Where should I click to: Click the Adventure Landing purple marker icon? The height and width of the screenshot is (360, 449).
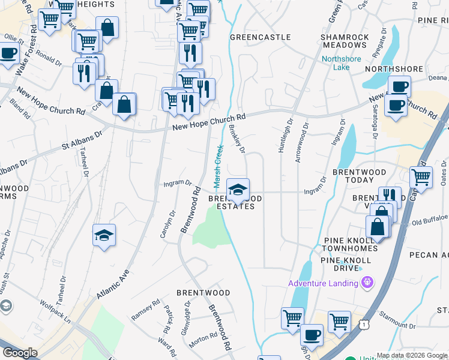tap(368, 283)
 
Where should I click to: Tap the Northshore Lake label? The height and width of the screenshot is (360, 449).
tap(341, 63)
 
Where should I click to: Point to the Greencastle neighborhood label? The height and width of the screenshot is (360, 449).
tap(261, 37)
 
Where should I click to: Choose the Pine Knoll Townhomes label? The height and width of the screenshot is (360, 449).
tap(350, 244)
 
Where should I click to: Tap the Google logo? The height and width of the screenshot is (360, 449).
tap(20, 353)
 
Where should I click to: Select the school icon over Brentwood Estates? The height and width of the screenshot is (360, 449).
tap(238, 190)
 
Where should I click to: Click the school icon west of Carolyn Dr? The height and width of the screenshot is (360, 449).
tap(104, 235)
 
